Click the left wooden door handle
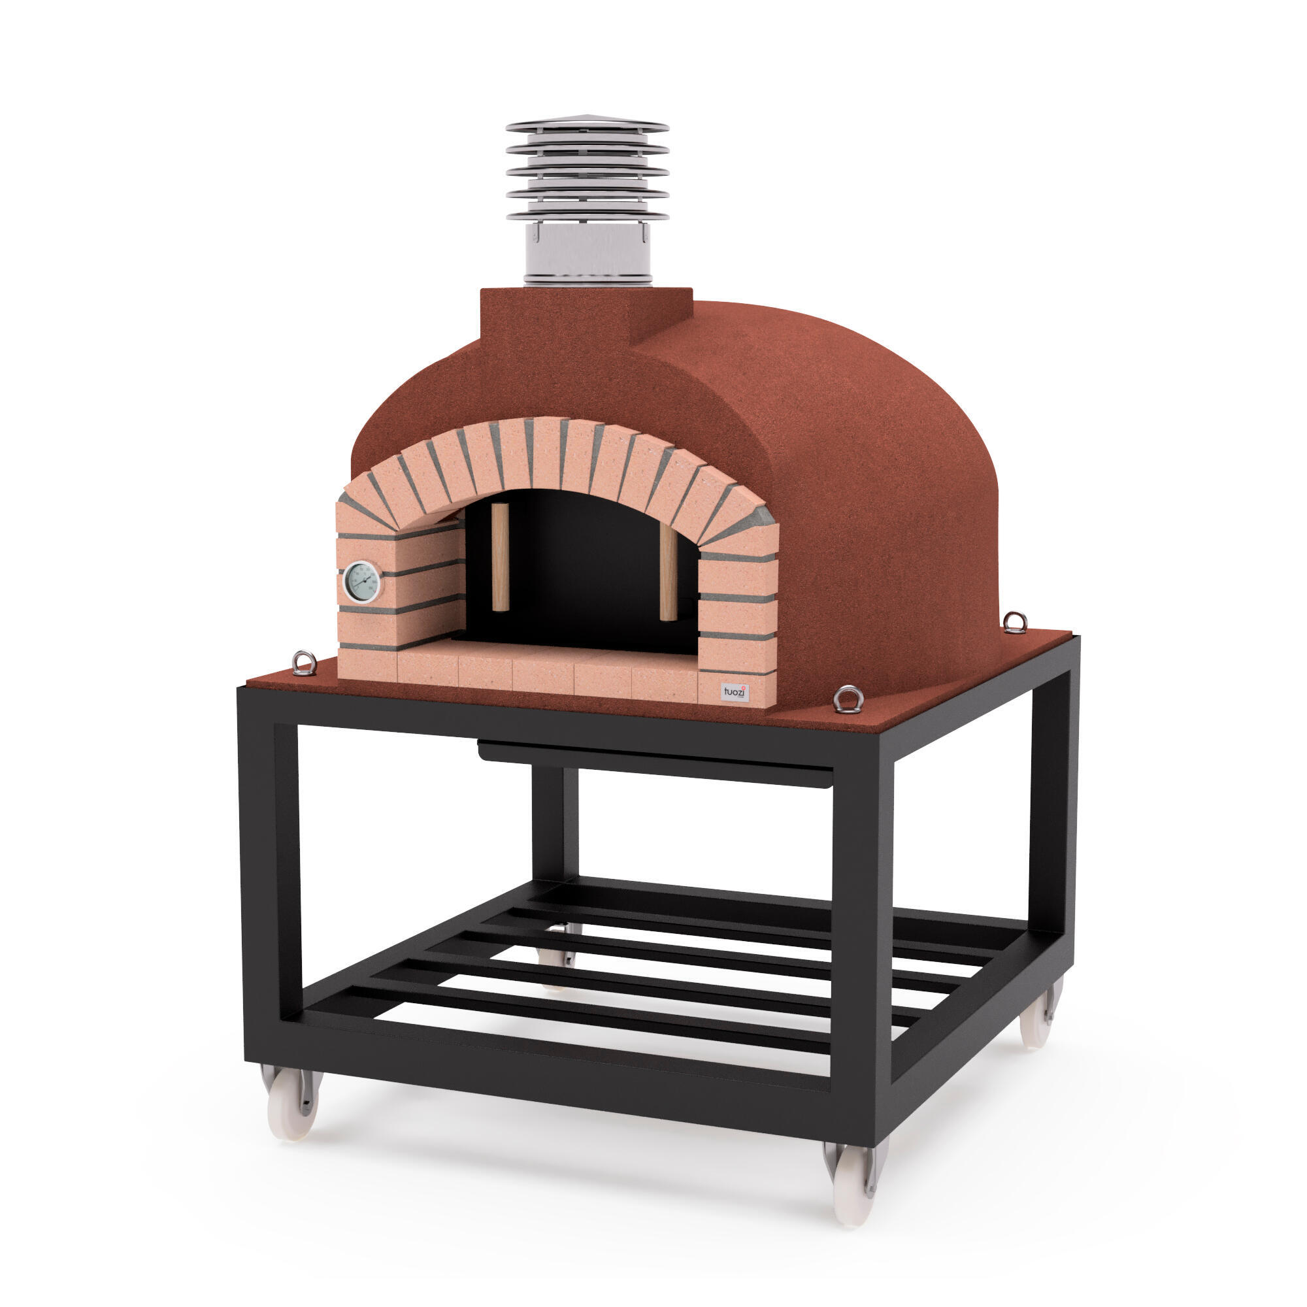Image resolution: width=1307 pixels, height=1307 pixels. tap(500, 557)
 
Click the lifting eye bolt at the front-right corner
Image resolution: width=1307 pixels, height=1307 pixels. tap(848, 699)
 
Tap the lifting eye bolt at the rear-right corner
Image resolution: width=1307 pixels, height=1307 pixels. tap(1015, 621)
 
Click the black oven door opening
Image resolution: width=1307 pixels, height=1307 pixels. tap(582, 575)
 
